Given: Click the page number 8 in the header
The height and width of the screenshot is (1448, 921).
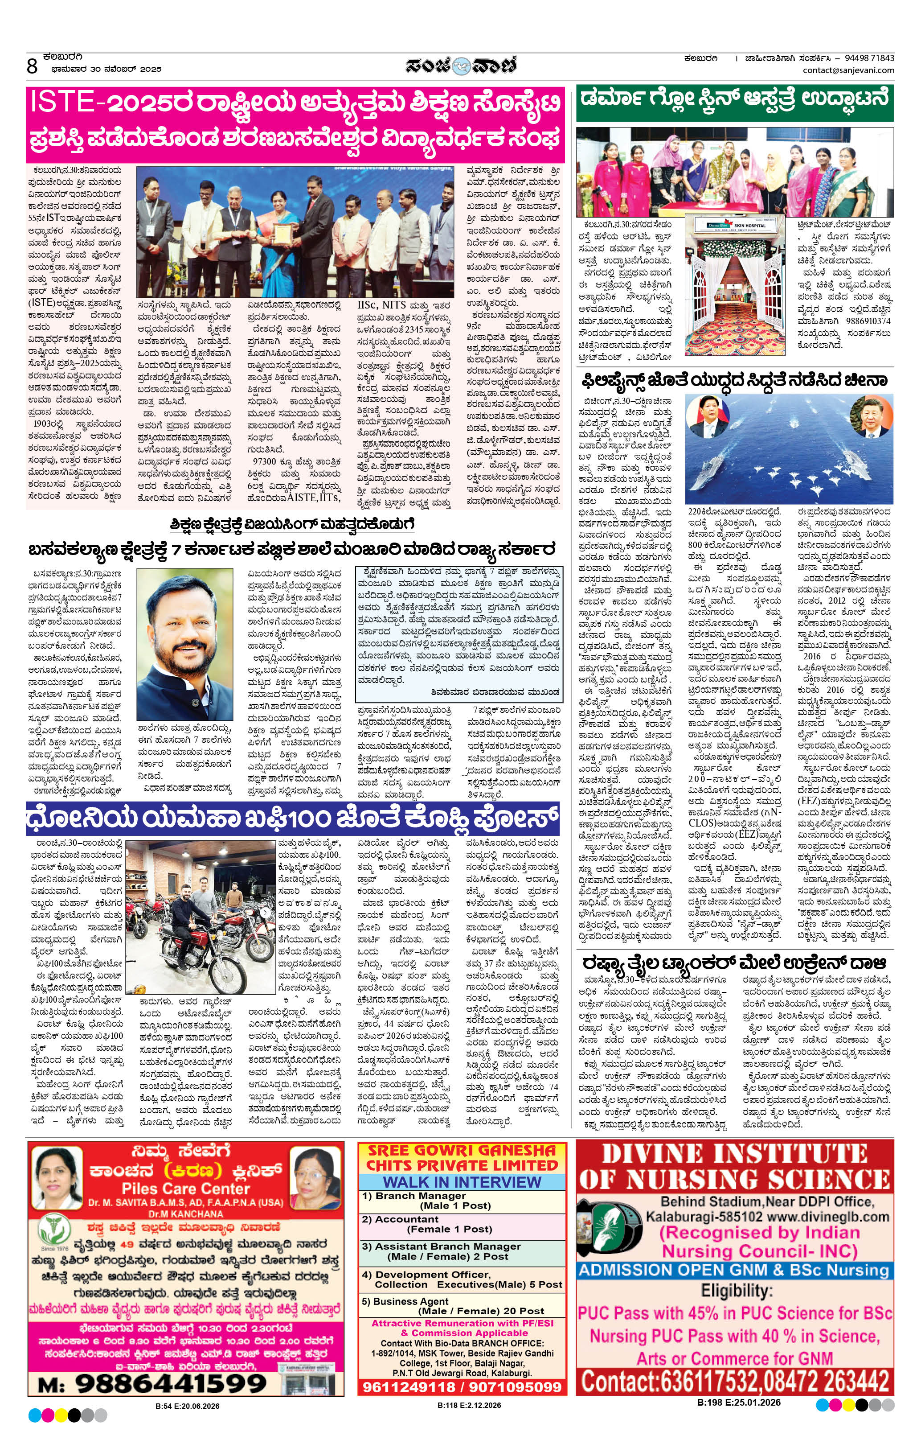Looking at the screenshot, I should (32, 66).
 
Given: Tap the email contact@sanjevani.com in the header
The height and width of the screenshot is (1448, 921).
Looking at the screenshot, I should (848, 70).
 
